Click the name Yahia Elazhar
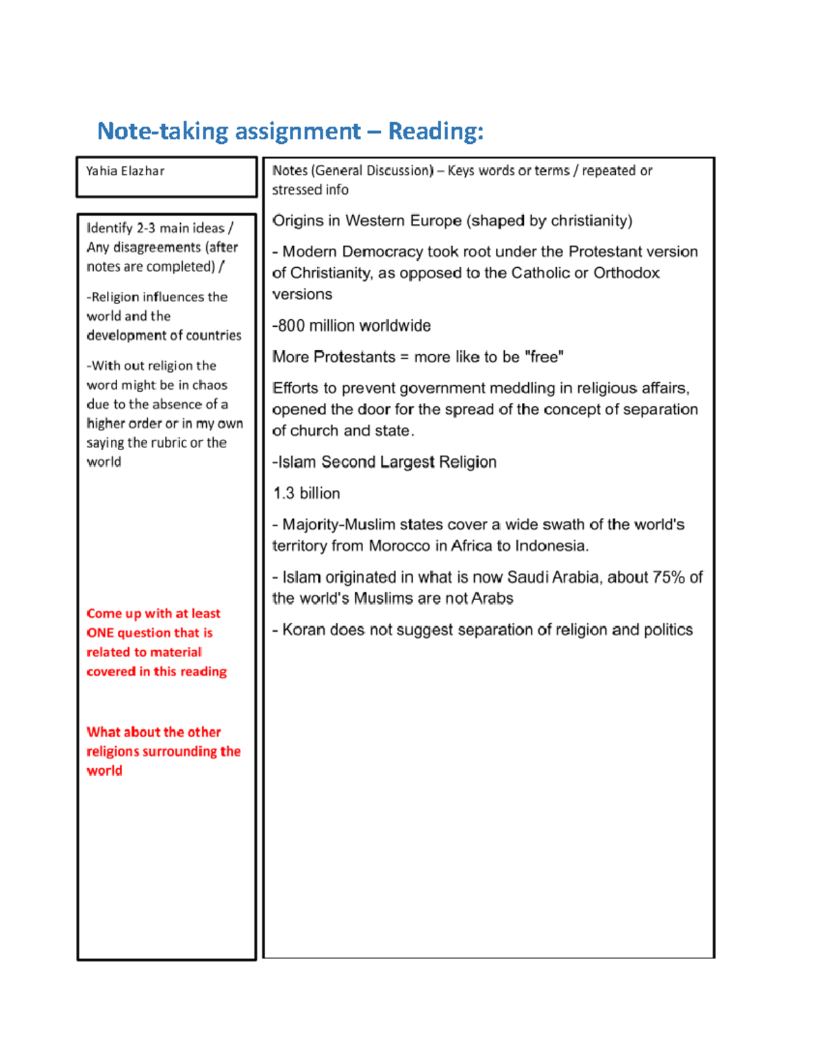pyautogui.click(x=125, y=171)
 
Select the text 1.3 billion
pyautogui.click(x=306, y=493)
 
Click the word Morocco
pyautogui.click(x=399, y=546)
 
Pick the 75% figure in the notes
pyautogui.click(x=669, y=577)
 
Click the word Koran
pyautogui.click(x=303, y=630)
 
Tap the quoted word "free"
pyautogui.click(x=545, y=357)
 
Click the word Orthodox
pyautogui.click(x=626, y=273)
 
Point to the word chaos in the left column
pyautogui.click(x=210, y=385)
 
